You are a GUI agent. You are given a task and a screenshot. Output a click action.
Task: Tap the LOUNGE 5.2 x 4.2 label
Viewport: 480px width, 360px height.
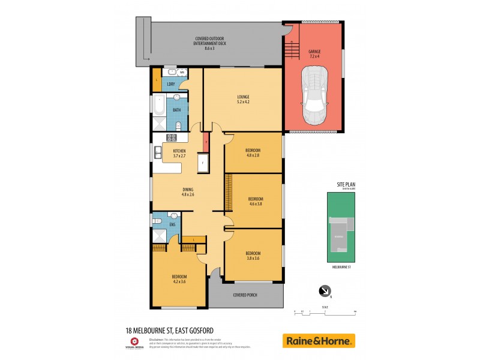click(x=242, y=99)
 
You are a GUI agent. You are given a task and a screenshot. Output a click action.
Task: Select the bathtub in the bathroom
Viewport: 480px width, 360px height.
click(x=158, y=105)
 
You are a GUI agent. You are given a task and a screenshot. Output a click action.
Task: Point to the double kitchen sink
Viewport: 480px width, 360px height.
click(x=157, y=152)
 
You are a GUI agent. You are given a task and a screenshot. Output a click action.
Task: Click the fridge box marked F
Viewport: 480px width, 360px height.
click(x=203, y=163)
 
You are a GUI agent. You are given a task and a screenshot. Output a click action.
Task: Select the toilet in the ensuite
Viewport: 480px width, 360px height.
click(x=174, y=216)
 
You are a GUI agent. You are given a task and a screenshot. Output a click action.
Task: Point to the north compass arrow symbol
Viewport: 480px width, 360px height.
click(x=325, y=291)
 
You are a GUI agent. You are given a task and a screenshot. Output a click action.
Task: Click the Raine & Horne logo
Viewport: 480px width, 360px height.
click(x=319, y=340)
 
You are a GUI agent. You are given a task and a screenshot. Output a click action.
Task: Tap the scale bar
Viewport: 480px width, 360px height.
click(x=325, y=311)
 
